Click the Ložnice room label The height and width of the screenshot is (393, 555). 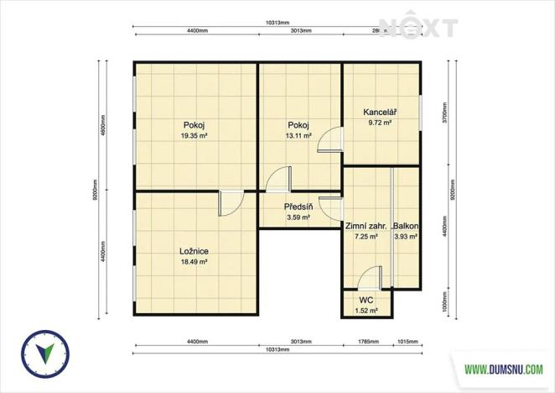coord(194,251)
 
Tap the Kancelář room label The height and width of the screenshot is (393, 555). coord(379,112)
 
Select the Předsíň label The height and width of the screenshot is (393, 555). coord(298,207)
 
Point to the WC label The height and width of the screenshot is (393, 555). coord(366,300)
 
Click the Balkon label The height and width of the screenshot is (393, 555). coord(406,226)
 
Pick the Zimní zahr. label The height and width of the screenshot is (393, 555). coord(366,226)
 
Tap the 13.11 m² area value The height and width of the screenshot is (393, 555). coord(298,135)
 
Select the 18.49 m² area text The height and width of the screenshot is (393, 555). coord(194,262)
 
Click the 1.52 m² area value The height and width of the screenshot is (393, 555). coord(366,311)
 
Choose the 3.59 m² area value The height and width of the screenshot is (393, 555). coord(298,217)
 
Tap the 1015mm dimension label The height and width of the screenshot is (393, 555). coord(407,342)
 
